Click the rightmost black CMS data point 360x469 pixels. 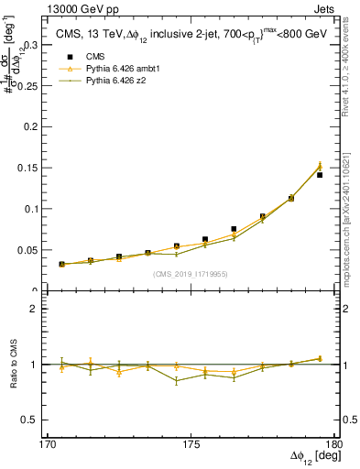click(x=320, y=175)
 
